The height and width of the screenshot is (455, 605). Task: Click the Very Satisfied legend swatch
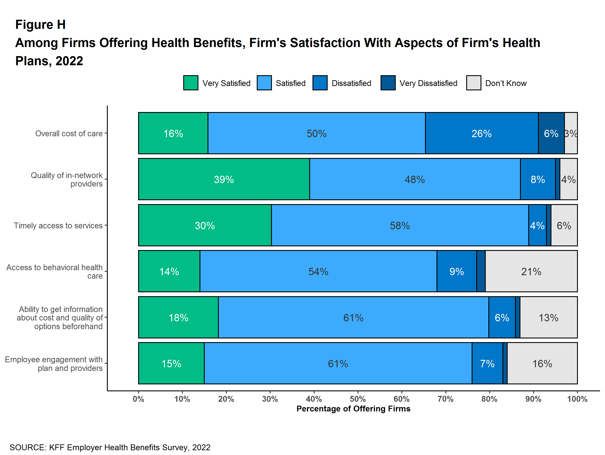[191, 83]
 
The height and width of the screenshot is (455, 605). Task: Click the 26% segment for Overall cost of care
[481, 133]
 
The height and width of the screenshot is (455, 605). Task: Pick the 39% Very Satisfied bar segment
[224, 179]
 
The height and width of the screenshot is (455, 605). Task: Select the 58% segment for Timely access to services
[400, 226]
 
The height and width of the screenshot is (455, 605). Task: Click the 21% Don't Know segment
[531, 271]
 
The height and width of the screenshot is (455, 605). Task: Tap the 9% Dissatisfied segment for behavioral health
[456, 271]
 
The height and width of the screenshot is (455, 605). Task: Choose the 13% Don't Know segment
[548, 318]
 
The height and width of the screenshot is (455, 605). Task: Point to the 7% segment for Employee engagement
[487, 363]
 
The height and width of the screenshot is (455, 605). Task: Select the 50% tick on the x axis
[358, 399]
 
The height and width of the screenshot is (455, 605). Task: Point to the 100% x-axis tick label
[577, 399]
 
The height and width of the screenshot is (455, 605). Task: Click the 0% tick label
[138, 399]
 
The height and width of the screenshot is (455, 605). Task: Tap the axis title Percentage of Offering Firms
[353, 409]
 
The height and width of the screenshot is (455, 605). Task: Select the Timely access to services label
[58, 226]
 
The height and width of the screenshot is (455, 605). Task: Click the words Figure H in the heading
[41, 25]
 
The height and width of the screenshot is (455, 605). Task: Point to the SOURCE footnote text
[110, 447]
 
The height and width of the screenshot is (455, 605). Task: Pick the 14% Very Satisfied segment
[169, 271]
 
